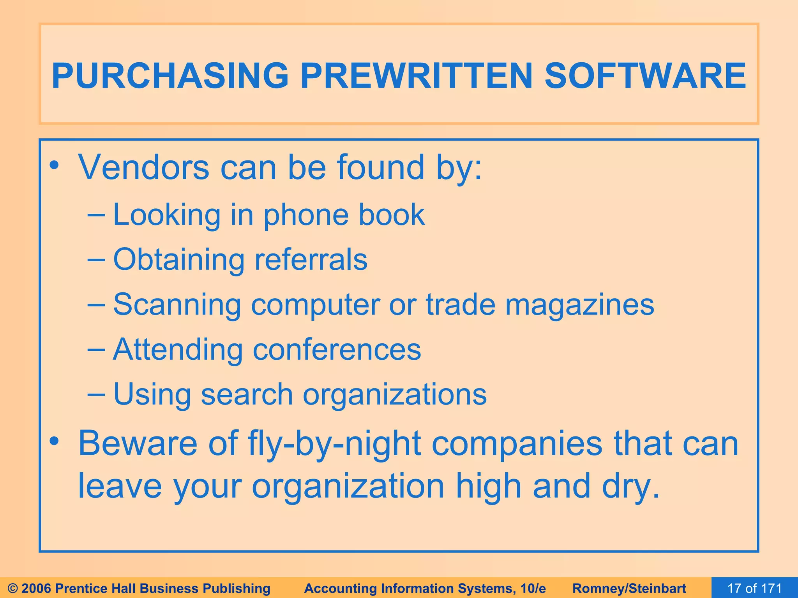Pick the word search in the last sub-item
(x=247, y=394)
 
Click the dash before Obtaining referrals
(x=96, y=260)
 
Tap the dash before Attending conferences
(x=96, y=349)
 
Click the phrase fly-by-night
(x=335, y=444)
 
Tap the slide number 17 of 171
(x=754, y=588)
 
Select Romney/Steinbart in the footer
(x=629, y=588)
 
